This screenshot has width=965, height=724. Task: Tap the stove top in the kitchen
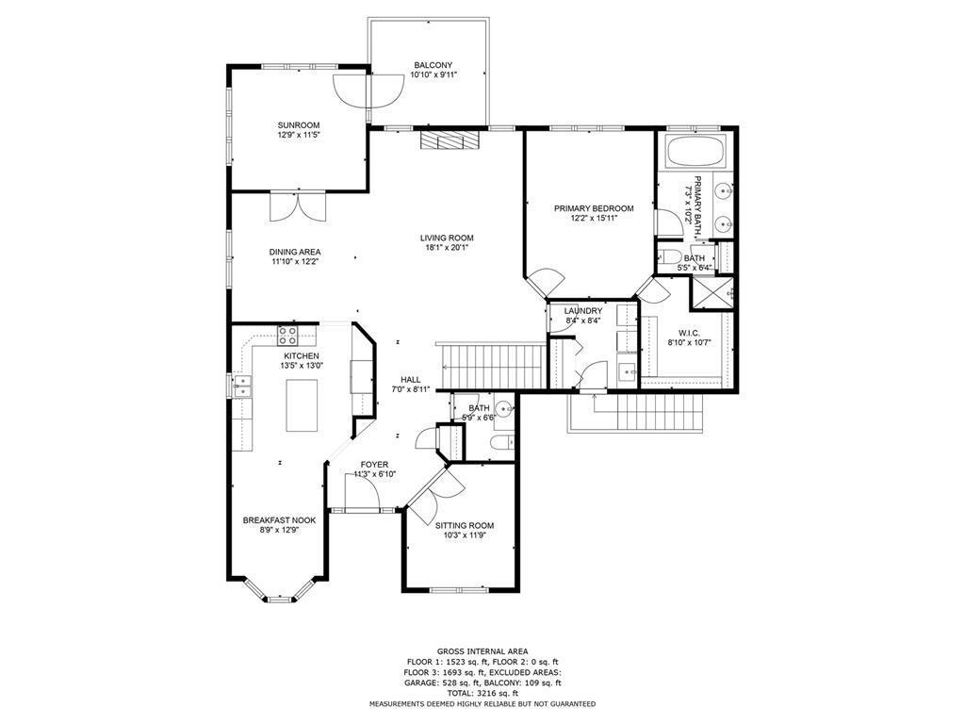point(287,335)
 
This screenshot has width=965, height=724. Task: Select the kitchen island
point(302,405)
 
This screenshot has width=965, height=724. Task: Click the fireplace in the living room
point(450,140)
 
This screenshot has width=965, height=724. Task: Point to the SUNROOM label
point(299,125)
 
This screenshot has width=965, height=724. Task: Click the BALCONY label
point(433,65)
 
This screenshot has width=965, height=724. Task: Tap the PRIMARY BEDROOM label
point(594,208)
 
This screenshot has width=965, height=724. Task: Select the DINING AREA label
point(295,252)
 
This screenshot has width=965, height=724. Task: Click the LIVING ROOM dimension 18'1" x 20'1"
point(447,248)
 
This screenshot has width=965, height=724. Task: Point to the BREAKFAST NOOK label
point(279,520)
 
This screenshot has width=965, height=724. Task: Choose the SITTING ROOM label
point(465,526)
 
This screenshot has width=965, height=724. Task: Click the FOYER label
point(374,464)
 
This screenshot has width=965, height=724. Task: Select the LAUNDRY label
point(582,311)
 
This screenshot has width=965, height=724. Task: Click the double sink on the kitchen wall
point(243,387)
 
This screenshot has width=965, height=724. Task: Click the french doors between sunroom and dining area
point(297,206)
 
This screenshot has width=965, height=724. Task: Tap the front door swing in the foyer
point(361,492)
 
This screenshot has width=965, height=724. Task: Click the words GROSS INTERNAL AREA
point(482,651)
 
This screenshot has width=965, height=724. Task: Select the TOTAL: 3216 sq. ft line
point(482,693)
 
